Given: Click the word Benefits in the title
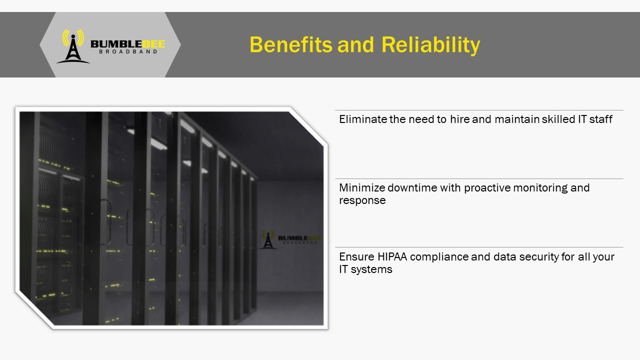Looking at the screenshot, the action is [x=291, y=44].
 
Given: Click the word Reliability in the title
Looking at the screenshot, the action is [x=431, y=45].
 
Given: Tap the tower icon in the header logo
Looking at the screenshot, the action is [x=73, y=46].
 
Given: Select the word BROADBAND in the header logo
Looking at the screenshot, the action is [x=128, y=51].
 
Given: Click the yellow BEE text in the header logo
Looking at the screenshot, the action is [x=153, y=44].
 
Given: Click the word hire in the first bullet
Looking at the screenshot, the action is [x=460, y=119].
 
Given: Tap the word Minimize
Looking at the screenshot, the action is [x=362, y=187].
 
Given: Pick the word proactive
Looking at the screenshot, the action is [x=487, y=188].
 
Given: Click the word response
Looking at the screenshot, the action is [x=362, y=201].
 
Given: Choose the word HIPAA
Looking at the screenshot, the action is [x=392, y=256].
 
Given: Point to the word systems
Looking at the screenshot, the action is [x=371, y=269].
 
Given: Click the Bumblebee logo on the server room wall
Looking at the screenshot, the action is [x=290, y=239].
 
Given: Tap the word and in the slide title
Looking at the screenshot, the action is [x=355, y=45].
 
